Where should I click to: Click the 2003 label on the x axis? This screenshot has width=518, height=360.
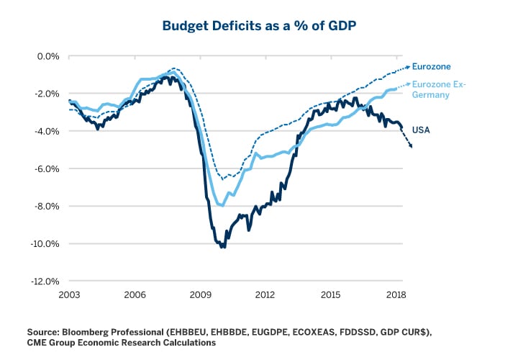point(70,295)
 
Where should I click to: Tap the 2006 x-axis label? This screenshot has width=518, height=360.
point(135,295)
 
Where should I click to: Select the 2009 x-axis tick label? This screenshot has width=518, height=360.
point(200,295)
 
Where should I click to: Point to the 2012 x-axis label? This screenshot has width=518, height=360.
point(265,295)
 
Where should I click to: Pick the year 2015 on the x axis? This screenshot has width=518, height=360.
point(331,295)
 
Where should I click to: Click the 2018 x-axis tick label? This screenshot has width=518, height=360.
point(396,295)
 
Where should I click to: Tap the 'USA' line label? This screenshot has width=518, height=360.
point(422,130)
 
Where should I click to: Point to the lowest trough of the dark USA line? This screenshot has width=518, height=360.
point(223,246)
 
